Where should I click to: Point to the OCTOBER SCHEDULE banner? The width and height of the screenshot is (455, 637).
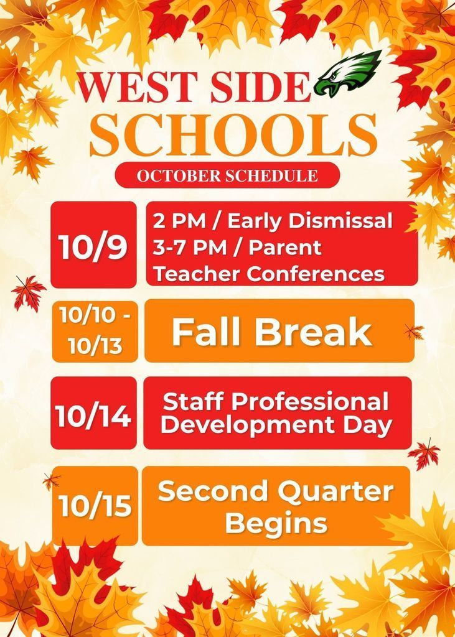227,175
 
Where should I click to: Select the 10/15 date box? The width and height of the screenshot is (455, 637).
95,506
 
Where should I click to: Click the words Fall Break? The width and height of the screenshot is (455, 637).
272,331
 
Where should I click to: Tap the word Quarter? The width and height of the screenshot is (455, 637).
336,492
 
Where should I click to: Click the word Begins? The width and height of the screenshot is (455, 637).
276,523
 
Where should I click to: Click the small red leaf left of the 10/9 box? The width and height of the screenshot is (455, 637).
28,292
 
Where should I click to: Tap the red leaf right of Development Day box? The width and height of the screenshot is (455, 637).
425,453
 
